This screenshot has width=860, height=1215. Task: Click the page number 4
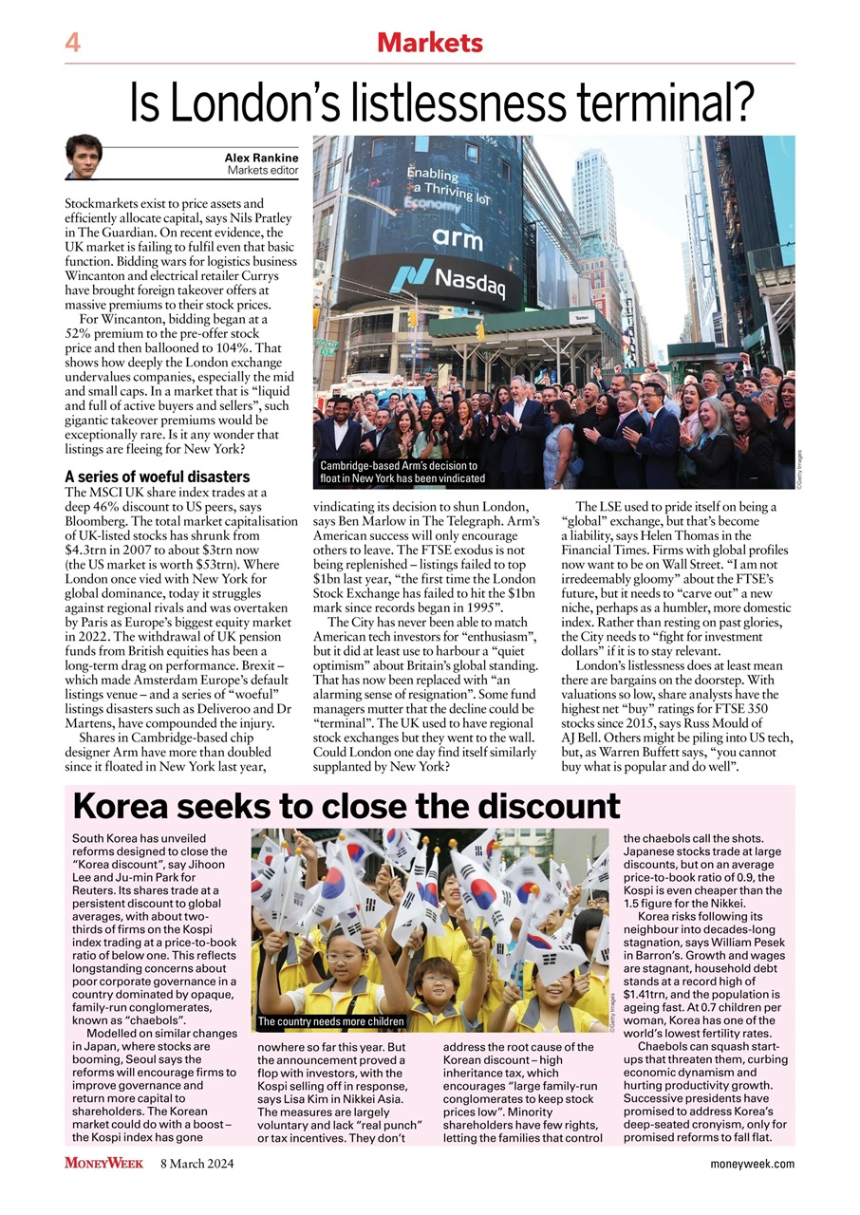click(x=72, y=43)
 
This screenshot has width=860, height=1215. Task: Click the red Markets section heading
click(x=429, y=43)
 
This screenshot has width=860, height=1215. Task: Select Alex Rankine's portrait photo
click(x=84, y=157)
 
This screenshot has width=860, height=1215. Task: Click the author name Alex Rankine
click(x=261, y=158)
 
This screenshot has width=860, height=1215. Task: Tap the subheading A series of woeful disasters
click(x=157, y=477)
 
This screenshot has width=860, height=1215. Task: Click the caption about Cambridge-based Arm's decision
click(x=399, y=472)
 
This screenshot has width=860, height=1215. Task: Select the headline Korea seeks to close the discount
click(x=346, y=806)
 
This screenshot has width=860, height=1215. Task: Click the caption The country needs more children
click(x=331, y=1021)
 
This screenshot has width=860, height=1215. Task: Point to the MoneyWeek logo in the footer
click(x=103, y=1163)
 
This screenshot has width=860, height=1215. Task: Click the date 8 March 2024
click(x=196, y=1164)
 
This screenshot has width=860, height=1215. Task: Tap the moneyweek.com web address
click(x=752, y=1164)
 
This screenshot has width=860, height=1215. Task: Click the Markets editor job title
click(x=263, y=171)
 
